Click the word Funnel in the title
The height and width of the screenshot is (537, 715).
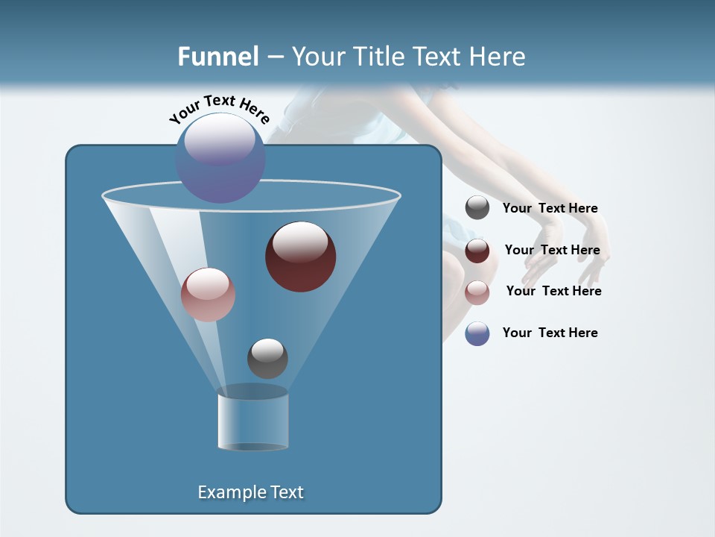pos(217,56)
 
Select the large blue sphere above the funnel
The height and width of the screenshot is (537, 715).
pos(220,157)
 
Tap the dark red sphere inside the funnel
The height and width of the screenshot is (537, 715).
pos(300,256)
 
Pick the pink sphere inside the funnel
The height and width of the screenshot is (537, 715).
pos(208,294)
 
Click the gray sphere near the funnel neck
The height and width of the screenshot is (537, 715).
pos(267,358)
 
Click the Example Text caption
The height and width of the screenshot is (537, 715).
pos(250,492)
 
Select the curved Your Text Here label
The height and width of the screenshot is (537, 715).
pos(219,108)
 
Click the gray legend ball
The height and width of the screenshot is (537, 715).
pos(477,208)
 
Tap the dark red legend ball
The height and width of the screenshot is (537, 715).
pos(477,251)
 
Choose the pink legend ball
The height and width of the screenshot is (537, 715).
pos(477,292)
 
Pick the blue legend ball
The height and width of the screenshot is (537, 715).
pos(477,333)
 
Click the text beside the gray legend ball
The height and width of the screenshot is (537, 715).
pos(550,208)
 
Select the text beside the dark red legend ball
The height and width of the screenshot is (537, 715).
pos(552,250)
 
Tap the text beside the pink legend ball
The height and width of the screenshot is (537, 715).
pos(553,291)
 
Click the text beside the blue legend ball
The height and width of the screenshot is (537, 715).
pos(550,333)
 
